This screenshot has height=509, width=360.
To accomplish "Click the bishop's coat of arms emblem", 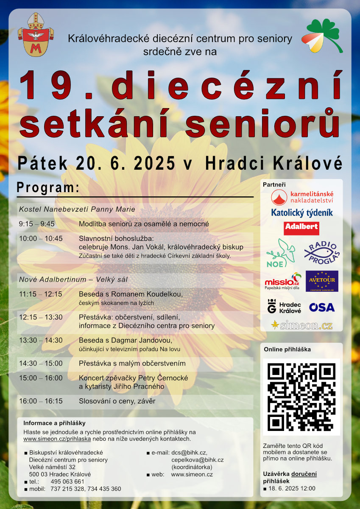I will [x=36, y=34].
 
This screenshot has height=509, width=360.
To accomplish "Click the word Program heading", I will [x=48, y=187].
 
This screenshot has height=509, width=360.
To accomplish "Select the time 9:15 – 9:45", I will [x=37, y=224].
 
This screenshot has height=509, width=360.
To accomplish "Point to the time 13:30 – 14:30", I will [x=41, y=340].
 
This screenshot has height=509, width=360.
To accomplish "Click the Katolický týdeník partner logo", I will [x=302, y=213].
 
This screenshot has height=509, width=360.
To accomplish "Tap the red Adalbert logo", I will [x=301, y=228].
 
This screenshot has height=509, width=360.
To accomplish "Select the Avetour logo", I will [x=322, y=281].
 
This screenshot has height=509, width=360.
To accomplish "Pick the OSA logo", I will [x=322, y=307].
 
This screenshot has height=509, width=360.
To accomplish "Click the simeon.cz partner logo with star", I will [x=301, y=325].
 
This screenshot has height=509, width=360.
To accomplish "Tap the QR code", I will [x=301, y=397].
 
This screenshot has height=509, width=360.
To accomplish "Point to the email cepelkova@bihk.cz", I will [x=198, y=460].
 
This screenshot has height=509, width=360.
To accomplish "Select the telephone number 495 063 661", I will [x=67, y=481].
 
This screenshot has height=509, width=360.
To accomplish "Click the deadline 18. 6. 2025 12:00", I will [x=292, y=488].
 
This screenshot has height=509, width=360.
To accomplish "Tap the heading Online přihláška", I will [x=287, y=350].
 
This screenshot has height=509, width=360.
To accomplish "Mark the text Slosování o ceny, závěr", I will [x=117, y=401].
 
